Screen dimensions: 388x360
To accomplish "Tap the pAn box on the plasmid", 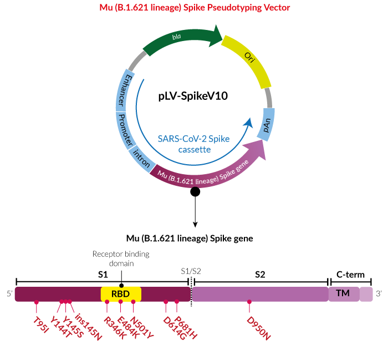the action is coord(266,125).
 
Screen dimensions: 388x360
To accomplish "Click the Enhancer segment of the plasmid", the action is coord(125,91).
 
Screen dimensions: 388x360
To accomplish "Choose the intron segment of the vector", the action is coord(141,159).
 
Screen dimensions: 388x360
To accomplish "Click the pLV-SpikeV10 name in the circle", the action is coord(193,96).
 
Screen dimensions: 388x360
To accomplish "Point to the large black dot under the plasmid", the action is coord(195,191).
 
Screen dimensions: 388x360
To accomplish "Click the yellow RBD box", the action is coord(121,294).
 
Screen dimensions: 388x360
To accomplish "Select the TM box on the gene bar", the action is coord(344,294).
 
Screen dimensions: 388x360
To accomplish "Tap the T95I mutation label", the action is coord(41,325).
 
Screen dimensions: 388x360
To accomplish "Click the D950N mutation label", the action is coord(259,328).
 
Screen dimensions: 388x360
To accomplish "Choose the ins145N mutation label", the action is coord(88,327).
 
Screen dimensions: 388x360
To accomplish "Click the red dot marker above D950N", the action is coord(249,302).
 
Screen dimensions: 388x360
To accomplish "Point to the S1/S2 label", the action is coord(191,271).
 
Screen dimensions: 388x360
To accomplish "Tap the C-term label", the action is coord(350,275).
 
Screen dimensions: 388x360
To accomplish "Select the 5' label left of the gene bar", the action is coord(9,293).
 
